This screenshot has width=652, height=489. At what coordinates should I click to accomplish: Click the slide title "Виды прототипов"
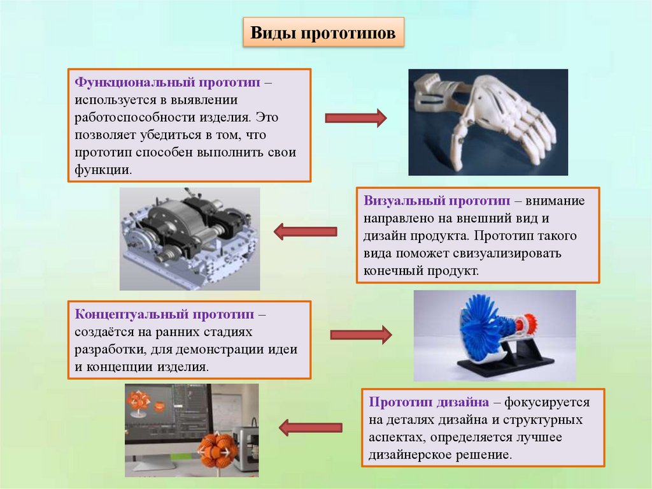click(x=323, y=34)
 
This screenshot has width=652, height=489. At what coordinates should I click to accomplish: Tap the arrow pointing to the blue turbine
click(x=360, y=333)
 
